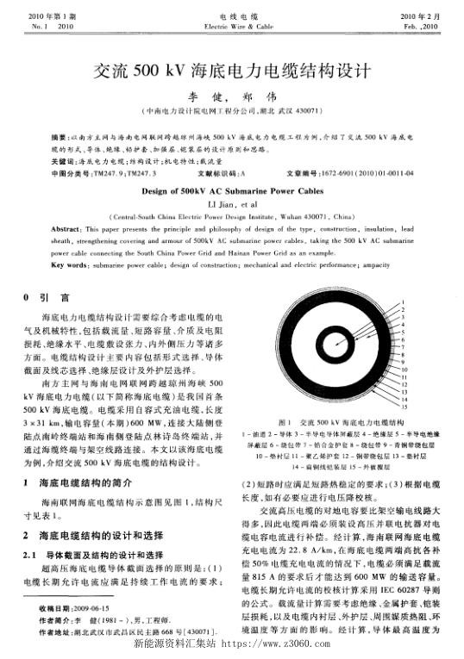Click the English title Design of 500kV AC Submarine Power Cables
pyautogui.click(x=231, y=192)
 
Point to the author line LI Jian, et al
pyautogui.click(x=231, y=204)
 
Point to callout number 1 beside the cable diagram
pyautogui.click(x=403, y=302)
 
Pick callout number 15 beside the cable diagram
pyautogui.click(x=404, y=407)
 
